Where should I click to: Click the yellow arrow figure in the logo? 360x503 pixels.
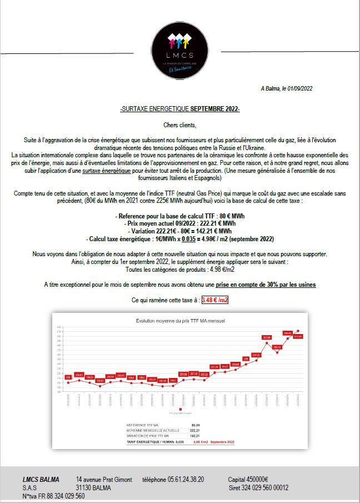tap(179, 41)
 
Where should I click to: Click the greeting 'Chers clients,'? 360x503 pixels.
tap(180, 125)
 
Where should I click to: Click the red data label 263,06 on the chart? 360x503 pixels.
tap(266, 337)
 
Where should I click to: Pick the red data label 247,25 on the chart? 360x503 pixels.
tap(256, 355)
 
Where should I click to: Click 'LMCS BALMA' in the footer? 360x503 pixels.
tap(41, 479)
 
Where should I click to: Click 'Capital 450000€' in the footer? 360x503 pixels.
tap(248, 479)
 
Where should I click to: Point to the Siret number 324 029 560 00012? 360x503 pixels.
tap(258, 487)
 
